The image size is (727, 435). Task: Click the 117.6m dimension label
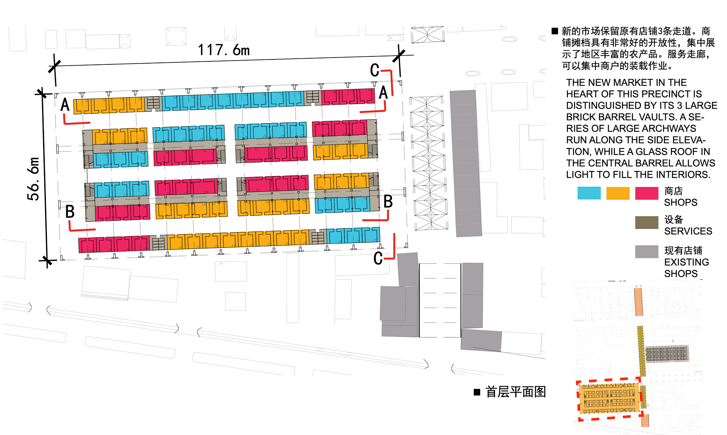pos(223,50)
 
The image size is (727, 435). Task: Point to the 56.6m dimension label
pos(33,179)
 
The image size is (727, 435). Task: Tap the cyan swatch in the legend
pos(589,193)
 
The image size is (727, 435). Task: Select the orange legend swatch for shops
pos(618,193)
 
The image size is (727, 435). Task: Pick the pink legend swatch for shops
pos(646,193)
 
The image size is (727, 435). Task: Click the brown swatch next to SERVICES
pos(646,222)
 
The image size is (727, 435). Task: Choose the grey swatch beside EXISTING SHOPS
pos(646,251)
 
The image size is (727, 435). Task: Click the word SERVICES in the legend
pos(688,231)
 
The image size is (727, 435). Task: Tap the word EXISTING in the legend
pos(686,262)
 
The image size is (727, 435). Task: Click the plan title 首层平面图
pos(515,392)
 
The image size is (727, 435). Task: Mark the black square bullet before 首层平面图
pos(477,392)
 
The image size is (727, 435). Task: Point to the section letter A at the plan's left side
pos(65,104)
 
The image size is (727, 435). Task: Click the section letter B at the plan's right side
pos(388,201)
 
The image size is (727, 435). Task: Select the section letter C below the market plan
pos(378,258)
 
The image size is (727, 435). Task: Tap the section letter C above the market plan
pos(374,70)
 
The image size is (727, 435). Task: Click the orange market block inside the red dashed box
pos(609,398)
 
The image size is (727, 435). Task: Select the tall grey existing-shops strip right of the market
pos(466,163)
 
